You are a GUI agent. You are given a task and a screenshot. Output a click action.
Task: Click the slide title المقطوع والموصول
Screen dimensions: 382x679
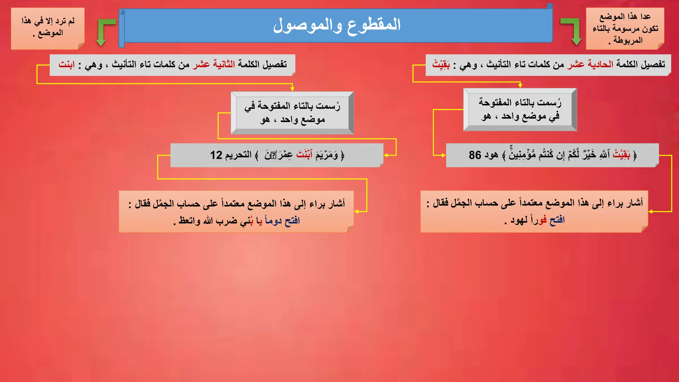tap(337, 25)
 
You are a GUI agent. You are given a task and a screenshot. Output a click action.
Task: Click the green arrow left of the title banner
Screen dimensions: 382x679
tap(103, 32)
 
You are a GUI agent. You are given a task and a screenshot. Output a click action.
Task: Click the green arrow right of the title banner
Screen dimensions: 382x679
tap(573, 31)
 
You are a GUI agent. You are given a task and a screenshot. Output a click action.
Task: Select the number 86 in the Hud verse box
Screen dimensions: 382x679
tap(475, 155)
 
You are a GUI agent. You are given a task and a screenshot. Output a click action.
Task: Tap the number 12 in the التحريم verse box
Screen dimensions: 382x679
tap(216, 155)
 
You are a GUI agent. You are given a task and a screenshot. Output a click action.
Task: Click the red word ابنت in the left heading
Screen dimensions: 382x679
tap(67, 64)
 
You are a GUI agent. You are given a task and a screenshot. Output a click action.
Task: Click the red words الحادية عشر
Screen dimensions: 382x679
tap(590, 64)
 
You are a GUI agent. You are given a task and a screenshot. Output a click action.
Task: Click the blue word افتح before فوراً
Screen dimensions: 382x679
tap(557, 220)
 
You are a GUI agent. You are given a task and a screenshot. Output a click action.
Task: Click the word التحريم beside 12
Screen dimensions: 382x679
tap(238, 155)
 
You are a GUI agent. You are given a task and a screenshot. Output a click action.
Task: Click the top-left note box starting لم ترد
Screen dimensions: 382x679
tap(48, 28)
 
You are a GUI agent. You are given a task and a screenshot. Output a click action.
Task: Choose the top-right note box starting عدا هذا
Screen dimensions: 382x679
tap(625, 29)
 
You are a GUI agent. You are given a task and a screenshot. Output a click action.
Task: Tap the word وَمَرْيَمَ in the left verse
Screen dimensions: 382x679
tap(327, 155)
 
